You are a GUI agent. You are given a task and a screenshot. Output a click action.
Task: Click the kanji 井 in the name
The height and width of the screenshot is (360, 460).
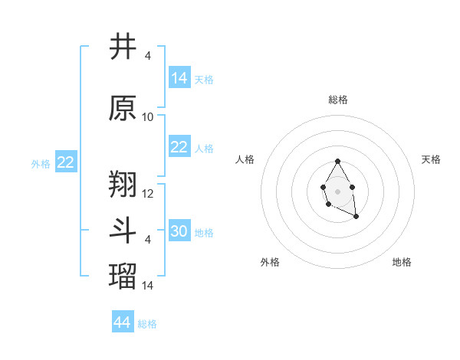[x=123, y=47]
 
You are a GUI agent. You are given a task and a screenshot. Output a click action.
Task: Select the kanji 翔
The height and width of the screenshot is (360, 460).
[x=123, y=184]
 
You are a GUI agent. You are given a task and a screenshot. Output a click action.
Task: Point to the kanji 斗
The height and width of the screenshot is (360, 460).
[x=123, y=231]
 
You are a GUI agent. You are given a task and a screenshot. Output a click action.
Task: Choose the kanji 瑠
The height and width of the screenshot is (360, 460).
[x=123, y=277]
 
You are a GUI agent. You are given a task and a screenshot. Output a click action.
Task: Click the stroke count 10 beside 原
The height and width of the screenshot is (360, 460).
[x=148, y=117]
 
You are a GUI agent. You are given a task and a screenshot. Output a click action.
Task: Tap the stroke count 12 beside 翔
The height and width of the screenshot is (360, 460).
[x=148, y=193]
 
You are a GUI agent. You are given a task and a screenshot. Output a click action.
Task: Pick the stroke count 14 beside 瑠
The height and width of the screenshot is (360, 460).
[x=148, y=286]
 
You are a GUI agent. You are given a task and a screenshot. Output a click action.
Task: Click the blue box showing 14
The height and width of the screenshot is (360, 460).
[x=179, y=78]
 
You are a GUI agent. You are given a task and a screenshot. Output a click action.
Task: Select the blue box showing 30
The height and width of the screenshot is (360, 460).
[x=179, y=231]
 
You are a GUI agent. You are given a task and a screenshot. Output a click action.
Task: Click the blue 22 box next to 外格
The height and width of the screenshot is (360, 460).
[x=65, y=162]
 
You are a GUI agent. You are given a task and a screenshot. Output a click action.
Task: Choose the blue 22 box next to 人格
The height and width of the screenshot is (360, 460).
[x=179, y=147]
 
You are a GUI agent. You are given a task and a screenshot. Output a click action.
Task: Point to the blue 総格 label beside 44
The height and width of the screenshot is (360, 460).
[x=147, y=324]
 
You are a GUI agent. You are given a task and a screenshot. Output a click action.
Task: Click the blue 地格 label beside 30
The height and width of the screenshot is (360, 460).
[x=204, y=233]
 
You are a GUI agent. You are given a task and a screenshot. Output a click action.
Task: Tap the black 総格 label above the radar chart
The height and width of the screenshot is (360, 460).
[x=337, y=100]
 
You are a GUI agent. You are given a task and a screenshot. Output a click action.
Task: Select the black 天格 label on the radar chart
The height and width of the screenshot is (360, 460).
[x=431, y=159]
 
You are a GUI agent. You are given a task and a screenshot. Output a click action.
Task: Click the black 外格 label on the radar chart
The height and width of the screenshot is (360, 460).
[x=270, y=262]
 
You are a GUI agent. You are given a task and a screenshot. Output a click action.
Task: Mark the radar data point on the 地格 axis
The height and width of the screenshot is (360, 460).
[x=356, y=217]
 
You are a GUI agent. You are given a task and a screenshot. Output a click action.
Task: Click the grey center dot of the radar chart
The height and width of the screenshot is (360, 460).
[x=337, y=191]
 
